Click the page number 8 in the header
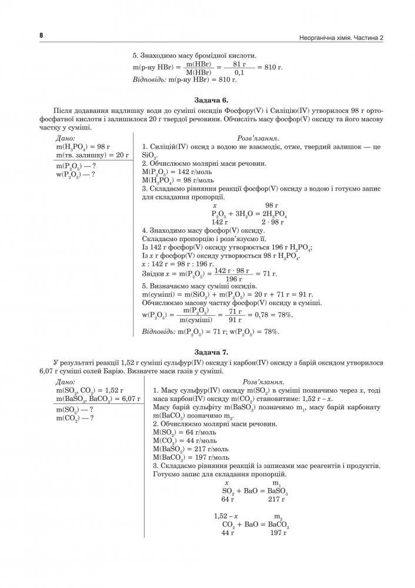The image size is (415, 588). coord(41,35)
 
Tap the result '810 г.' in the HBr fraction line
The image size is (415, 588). coord(272,68)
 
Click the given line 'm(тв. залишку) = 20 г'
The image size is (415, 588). coord(92,155)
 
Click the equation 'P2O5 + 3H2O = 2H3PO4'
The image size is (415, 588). coord(249,214)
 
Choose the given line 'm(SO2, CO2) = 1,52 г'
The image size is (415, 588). coord(89,390)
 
